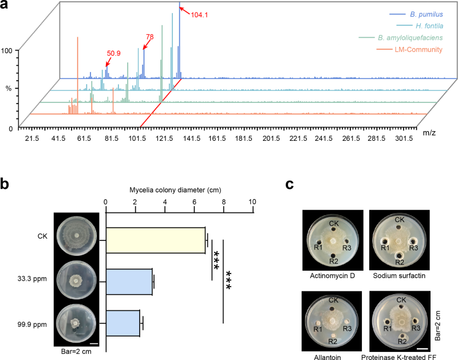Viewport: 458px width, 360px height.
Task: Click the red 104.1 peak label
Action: pyautogui.click(x=199, y=15)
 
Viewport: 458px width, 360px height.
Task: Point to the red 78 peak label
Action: pyautogui.click(x=150, y=37)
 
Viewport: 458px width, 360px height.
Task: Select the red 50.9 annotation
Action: pyautogui.click(x=113, y=53)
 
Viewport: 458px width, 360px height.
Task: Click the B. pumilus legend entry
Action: pyautogui.click(x=416, y=14)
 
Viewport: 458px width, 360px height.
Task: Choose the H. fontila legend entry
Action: pyautogui.click(x=420, y=26)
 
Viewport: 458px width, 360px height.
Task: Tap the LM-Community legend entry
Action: pyautogui.click(x=409, y=50)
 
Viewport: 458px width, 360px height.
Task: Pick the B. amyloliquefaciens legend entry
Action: pyautogui.click(x=401, y=38)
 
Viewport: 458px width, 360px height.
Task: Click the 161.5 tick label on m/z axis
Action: pyautogui.click(x=217, y=139)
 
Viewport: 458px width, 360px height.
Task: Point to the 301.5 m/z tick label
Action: pyautogui.click(x=404, y=139)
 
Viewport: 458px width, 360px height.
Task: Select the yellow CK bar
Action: pyautogui.click(x=155, y=240)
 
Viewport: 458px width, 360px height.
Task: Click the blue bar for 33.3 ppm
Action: pyautogui.click(x=129, y=282)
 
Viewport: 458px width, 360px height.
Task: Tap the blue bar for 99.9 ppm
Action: pyautogui.click(x=123, y=323)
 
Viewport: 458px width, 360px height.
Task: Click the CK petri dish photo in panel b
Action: pyautogui.click(x=77, y=236)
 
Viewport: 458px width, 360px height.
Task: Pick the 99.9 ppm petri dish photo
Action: pyautogui.click(x=76, y=323)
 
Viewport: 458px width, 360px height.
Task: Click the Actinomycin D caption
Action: pyautogui.click(x=333, y=276)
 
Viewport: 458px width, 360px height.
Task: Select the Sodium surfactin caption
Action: pyautogui.click(x=399, y=276)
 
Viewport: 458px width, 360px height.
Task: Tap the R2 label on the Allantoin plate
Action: pyautogui.click(x=333, y=341)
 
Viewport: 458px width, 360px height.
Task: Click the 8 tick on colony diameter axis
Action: pyautogui.click(x=224, y=202)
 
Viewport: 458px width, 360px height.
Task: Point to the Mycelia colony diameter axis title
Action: pyautogui.click(x=175, y=190)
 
